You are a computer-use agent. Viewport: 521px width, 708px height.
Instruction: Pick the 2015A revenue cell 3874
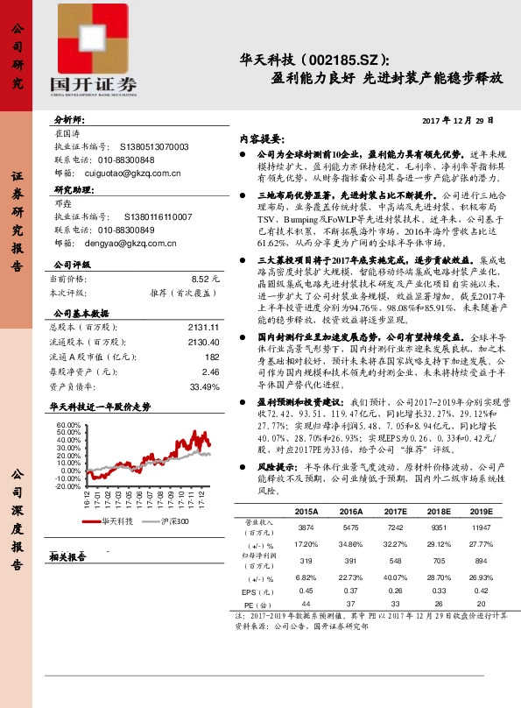[306, 527]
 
